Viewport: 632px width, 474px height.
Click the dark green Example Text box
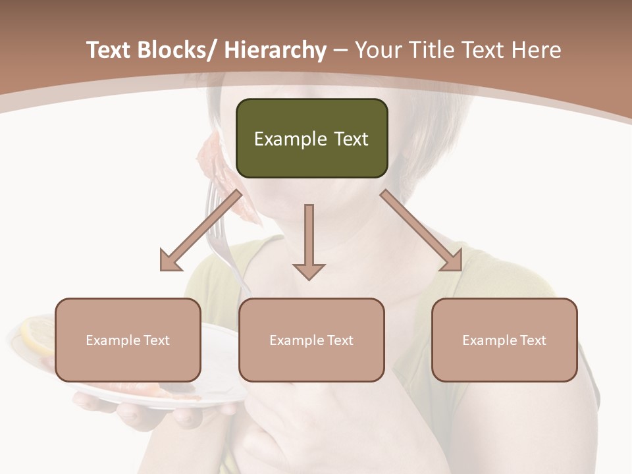[x=311, y=138]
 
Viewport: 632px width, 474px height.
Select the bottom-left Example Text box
[x=128, y=340]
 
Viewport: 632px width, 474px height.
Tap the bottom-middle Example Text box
[x=311, y=340]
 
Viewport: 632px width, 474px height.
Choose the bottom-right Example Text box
[x=504, y=340]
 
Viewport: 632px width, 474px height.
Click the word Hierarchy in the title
[x=275, y=50]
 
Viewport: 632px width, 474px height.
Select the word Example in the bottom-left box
[x=113, y=340]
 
